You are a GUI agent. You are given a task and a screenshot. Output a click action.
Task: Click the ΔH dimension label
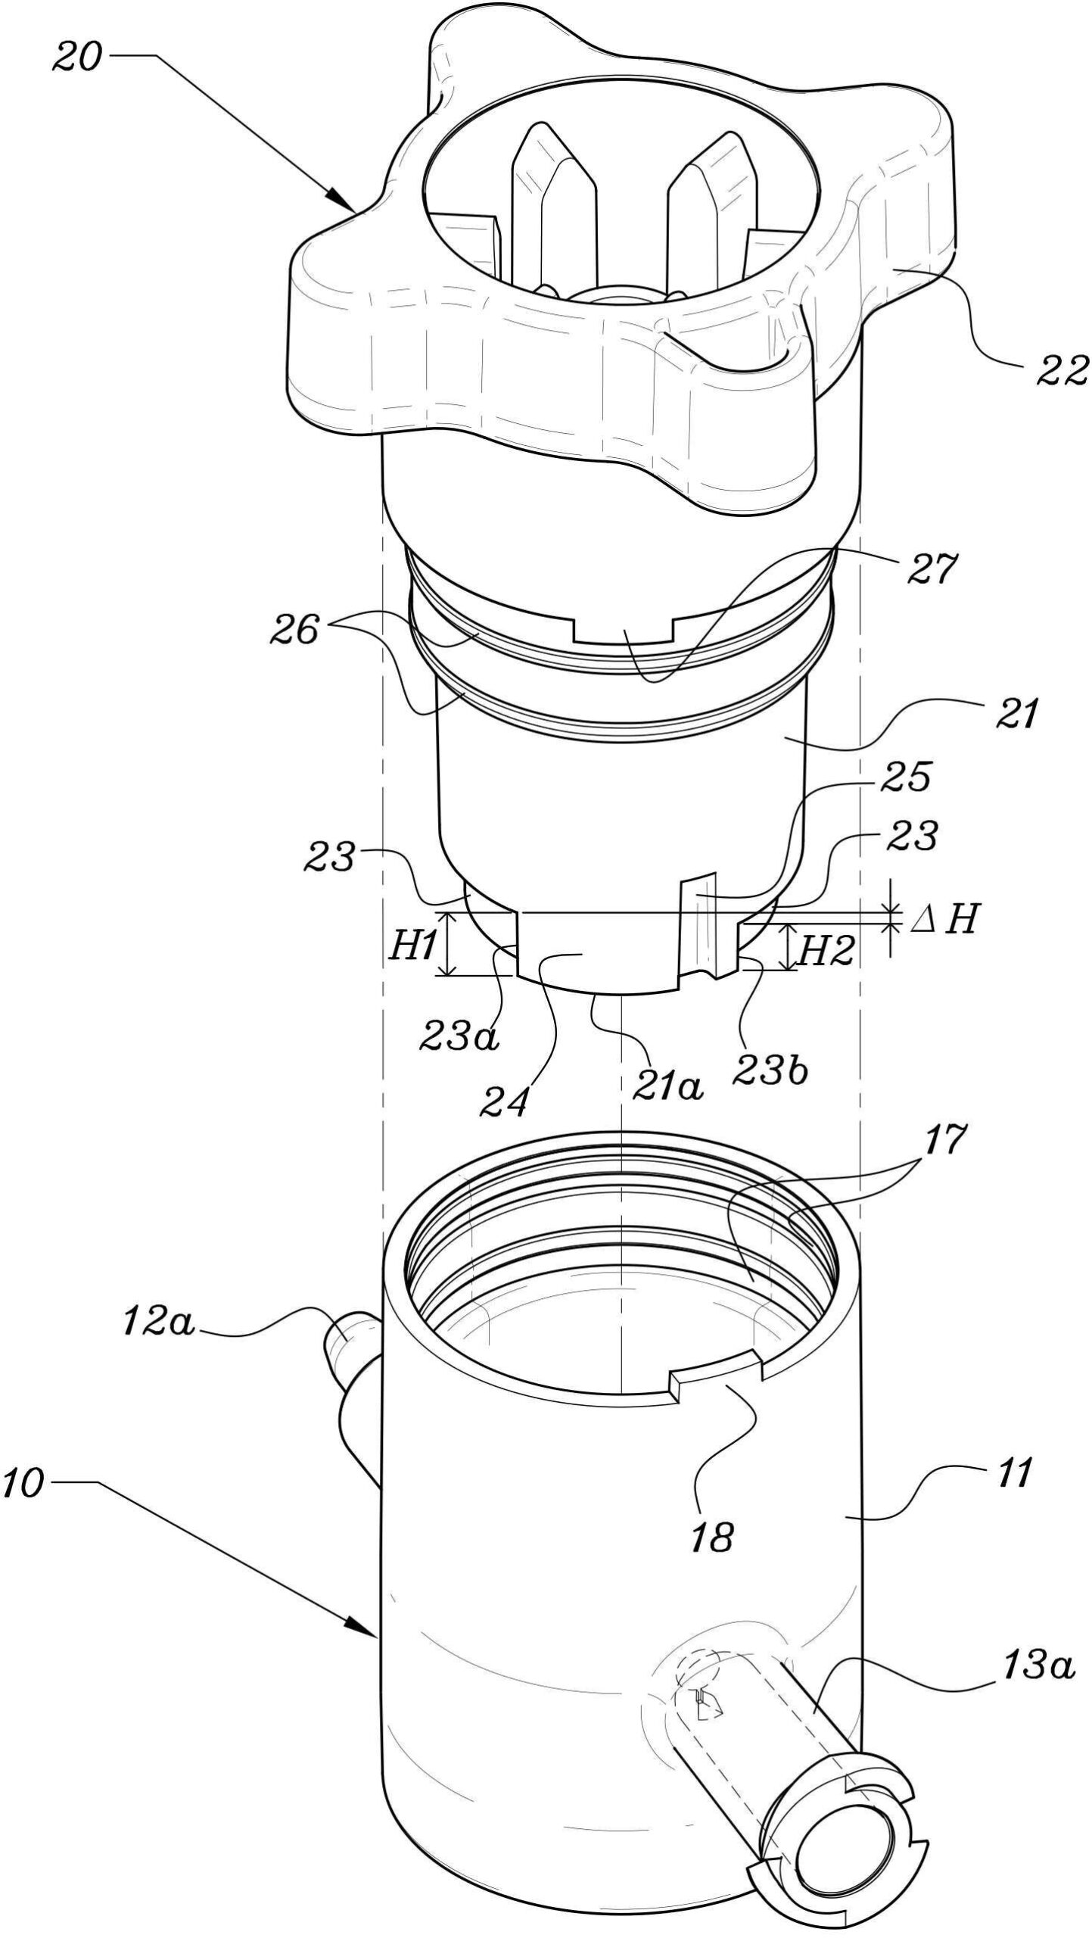(941, 921)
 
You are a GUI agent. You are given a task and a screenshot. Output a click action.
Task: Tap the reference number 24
(503, 1102)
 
